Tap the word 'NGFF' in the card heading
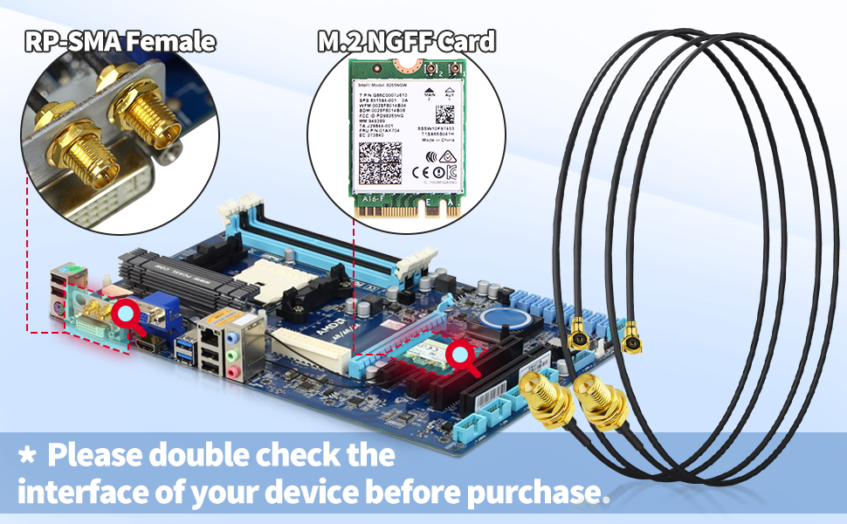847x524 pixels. point(397,41)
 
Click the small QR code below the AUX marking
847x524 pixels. point(445,115)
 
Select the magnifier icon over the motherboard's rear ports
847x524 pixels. point(127,315)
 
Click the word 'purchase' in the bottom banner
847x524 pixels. point(535,491)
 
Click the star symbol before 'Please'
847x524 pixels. point(27,456)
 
